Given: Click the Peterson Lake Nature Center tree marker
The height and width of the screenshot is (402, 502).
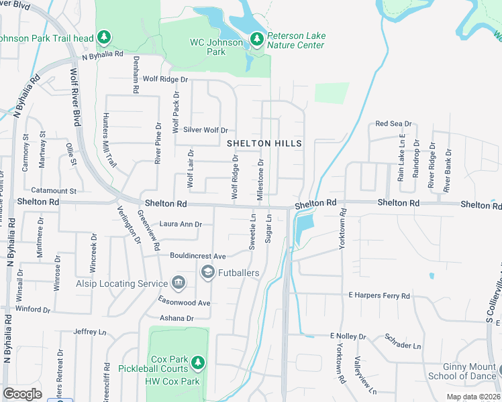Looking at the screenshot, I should pos(256,40).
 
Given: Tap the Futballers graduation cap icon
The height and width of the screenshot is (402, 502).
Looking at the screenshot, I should pos(207,272).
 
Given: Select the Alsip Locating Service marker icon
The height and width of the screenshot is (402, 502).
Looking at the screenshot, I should pos(179,283).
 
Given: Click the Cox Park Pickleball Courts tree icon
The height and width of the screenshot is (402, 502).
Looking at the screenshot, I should pos(197,362).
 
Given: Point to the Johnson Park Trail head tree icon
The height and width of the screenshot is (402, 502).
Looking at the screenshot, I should pos(103,38).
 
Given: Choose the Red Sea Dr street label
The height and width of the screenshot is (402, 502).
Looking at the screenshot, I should pos(393,124).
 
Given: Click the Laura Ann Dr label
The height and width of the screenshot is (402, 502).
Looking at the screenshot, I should pos(180,224).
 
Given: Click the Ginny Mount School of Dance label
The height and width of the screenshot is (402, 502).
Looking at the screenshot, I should pos(461,371).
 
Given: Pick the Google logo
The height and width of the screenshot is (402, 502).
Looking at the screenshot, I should pos(22,393).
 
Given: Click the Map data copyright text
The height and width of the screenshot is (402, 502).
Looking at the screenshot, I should pos(473,397).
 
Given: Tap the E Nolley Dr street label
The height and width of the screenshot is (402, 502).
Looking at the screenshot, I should pos(348,336).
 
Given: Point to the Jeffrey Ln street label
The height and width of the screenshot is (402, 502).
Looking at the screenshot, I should pos(90,332).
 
